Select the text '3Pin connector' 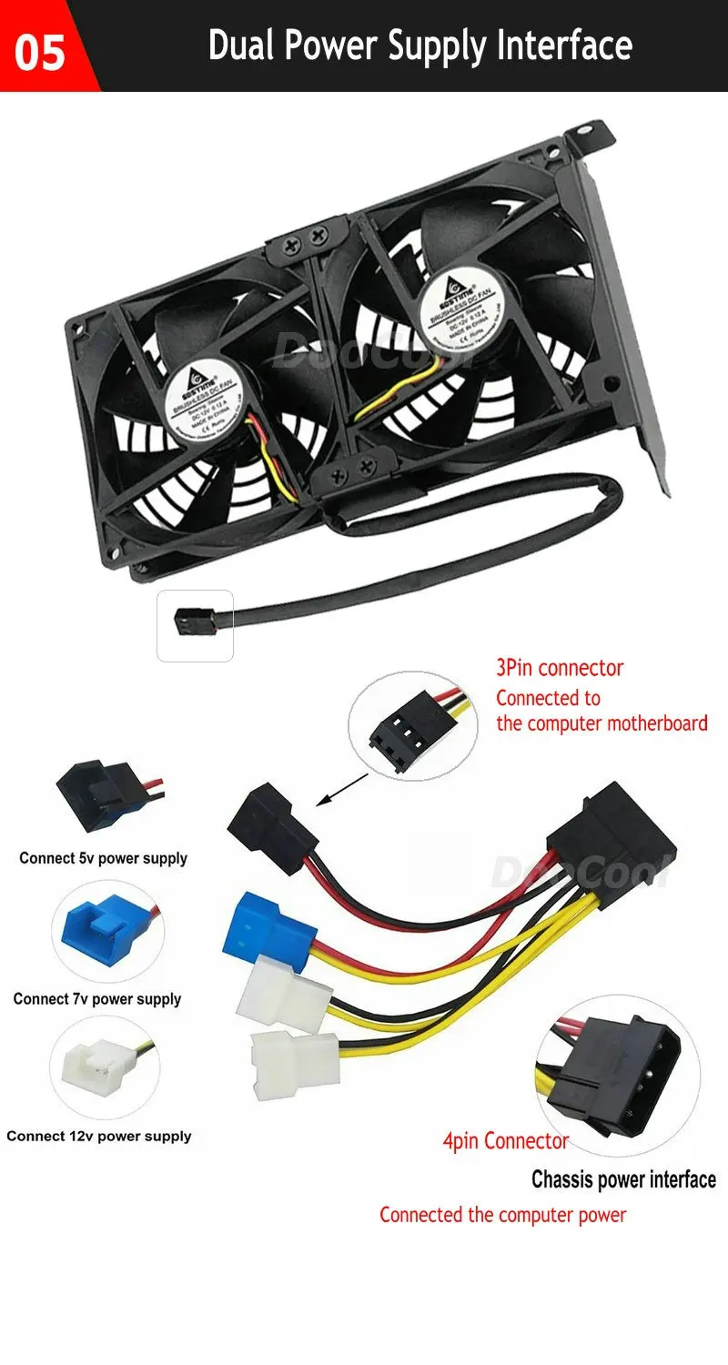tap(560, 668)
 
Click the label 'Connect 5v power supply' tap(103, 858)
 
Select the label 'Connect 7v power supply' tap(97, 999)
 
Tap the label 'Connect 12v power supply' tap(99, 1136)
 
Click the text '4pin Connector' tap(506, 1141)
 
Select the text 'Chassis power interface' tap(623, 1180)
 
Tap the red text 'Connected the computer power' tap(503, 1215)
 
